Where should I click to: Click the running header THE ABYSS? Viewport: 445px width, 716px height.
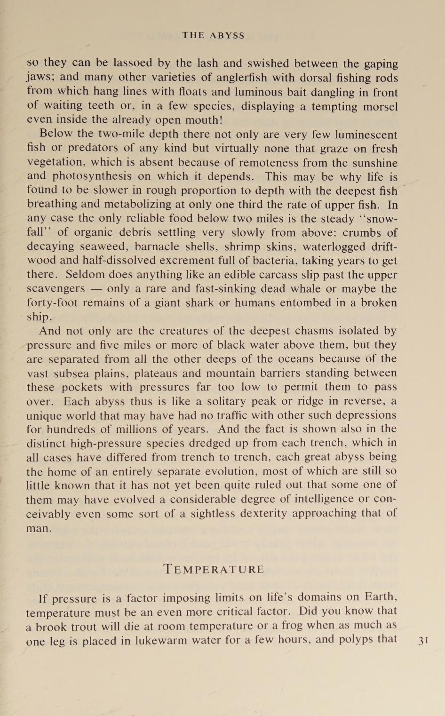214,35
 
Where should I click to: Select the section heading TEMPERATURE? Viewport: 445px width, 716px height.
214,569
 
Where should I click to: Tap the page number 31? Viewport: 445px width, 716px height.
423,640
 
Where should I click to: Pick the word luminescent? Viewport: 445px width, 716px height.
366,135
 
